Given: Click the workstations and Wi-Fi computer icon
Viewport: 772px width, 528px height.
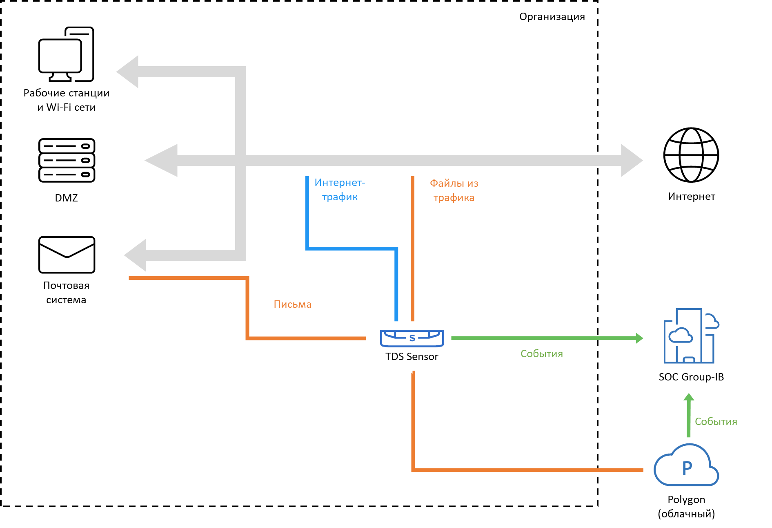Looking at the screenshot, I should tap(66, 54).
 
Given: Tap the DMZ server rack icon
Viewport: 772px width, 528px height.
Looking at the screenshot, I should tap(67, 160).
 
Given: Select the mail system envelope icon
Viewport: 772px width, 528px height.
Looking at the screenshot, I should tap(67, 255).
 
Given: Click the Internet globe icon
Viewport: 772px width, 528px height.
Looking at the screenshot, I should tap(691, 155).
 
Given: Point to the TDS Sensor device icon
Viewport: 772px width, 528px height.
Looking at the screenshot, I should tap(412, 338).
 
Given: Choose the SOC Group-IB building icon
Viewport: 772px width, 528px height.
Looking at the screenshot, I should tap(690, 336).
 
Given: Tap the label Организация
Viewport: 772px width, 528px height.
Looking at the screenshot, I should tap(552, 17).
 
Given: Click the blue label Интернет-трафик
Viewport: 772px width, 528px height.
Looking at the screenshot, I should tap(340, 190).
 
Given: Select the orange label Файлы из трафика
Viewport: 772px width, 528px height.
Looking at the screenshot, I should tap(454, 190).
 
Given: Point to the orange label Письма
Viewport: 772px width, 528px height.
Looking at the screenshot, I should tap(292, 304).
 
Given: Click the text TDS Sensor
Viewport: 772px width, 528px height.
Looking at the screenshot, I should tap(412, 357).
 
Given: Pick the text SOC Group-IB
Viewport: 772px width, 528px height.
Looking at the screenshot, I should tap(691, 377).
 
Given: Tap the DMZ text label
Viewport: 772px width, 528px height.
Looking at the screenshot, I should tap(66, 198).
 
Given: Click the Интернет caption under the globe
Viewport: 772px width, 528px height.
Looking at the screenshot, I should tap(691, 197).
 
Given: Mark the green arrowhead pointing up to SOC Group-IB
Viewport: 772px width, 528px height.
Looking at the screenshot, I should tap(689, 397).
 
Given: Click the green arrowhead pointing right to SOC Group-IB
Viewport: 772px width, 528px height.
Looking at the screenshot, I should tap(639, 338).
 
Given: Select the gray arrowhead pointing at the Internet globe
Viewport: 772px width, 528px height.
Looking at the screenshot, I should tap(631, 160).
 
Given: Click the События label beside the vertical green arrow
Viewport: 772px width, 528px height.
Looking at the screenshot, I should tap(716, 422).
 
